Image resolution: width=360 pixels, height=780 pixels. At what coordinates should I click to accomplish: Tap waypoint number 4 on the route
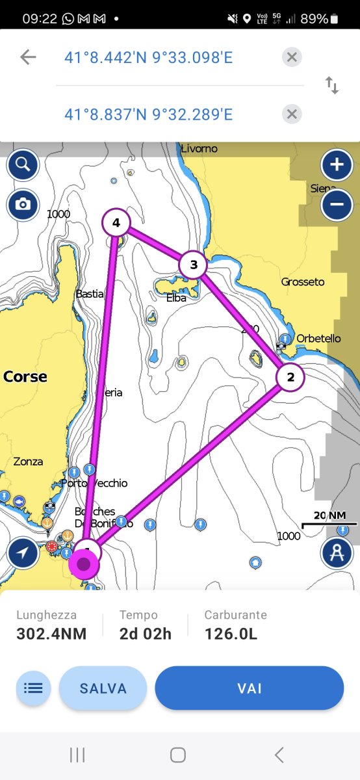[116, 224]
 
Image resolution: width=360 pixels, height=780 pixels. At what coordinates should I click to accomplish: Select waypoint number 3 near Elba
[193, 265]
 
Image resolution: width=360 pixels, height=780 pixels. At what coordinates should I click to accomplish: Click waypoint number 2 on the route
[290, 377]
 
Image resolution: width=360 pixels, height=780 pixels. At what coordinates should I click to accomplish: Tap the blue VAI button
[249, 688]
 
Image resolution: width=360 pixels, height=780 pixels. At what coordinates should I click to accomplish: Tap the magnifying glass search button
[23, 164]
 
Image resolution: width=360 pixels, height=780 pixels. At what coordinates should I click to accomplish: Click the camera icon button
[23, 205]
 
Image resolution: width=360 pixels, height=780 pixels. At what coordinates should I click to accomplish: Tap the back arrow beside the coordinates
[28, 57]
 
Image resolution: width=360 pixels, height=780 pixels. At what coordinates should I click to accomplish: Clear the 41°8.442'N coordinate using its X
[292, 57]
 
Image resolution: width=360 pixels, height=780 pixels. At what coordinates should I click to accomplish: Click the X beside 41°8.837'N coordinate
[292, 115]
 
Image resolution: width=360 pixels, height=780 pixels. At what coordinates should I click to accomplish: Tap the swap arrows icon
[332, 85]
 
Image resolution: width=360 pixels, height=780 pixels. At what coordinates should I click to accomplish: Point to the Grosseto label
[303, 282]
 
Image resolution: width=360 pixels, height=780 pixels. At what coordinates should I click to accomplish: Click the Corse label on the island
[25, 377]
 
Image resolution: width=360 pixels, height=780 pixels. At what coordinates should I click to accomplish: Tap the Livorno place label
[199, 149]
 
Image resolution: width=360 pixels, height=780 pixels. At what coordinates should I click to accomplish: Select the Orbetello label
[318, 339]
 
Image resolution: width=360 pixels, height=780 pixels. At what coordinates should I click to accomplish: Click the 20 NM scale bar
[329, 520]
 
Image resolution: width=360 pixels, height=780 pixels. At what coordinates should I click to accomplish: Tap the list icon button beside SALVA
[33, 688]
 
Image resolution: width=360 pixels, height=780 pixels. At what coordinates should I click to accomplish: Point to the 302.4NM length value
[51, 634]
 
